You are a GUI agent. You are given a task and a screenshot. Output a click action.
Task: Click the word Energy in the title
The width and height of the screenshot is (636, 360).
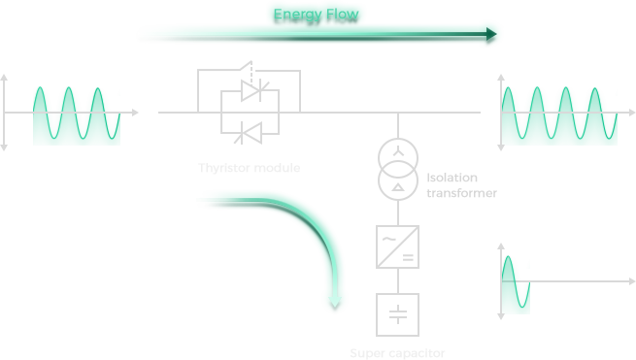[298, 15]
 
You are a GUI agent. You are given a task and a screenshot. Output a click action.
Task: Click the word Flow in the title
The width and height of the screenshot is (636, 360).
[343, 15]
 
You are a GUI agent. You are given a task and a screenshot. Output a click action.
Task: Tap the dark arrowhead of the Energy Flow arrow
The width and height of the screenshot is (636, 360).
[491, 34]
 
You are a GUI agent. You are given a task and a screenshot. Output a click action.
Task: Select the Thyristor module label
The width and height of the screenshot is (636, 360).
[250, 168]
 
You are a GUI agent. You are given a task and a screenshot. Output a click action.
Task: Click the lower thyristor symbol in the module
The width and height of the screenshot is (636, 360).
[249, 133]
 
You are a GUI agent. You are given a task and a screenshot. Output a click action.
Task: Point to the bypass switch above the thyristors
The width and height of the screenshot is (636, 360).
[247, 66]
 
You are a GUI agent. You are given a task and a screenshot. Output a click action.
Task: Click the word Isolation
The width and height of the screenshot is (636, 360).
[452, 178]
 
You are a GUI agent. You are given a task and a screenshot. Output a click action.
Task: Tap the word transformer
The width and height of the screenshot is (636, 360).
[461, 193]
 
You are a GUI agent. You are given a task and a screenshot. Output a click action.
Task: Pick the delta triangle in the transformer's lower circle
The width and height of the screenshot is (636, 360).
[398, 187]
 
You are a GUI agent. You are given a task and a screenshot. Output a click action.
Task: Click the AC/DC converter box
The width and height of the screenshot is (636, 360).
[397, 246]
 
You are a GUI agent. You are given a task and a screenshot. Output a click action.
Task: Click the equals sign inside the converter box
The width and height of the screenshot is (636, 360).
[408, 257]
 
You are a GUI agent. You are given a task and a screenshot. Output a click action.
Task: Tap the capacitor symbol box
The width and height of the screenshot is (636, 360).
[397, 314]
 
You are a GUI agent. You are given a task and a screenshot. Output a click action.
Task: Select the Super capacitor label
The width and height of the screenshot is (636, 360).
[397, 353]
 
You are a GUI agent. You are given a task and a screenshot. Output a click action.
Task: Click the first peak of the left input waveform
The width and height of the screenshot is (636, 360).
[40, 87]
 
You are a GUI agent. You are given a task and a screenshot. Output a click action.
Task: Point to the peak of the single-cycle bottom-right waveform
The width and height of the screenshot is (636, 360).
[508, 257]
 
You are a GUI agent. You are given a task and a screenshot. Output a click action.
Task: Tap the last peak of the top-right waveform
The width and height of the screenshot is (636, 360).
[594, 88]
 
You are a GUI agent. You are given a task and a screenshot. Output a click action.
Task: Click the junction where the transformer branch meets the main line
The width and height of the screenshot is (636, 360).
[398, 113]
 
